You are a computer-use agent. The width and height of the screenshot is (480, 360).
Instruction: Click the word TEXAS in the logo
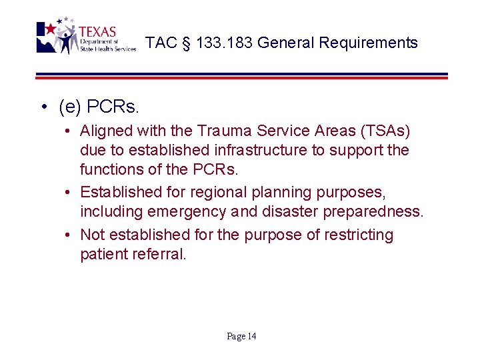pyautogui.click(x=97, y=32)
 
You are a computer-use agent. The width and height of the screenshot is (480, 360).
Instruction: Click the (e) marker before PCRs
pyautogui.click(x=70, y=106)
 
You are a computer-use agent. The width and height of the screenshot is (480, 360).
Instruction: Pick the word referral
pyautogui.click(x=159, y=253)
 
